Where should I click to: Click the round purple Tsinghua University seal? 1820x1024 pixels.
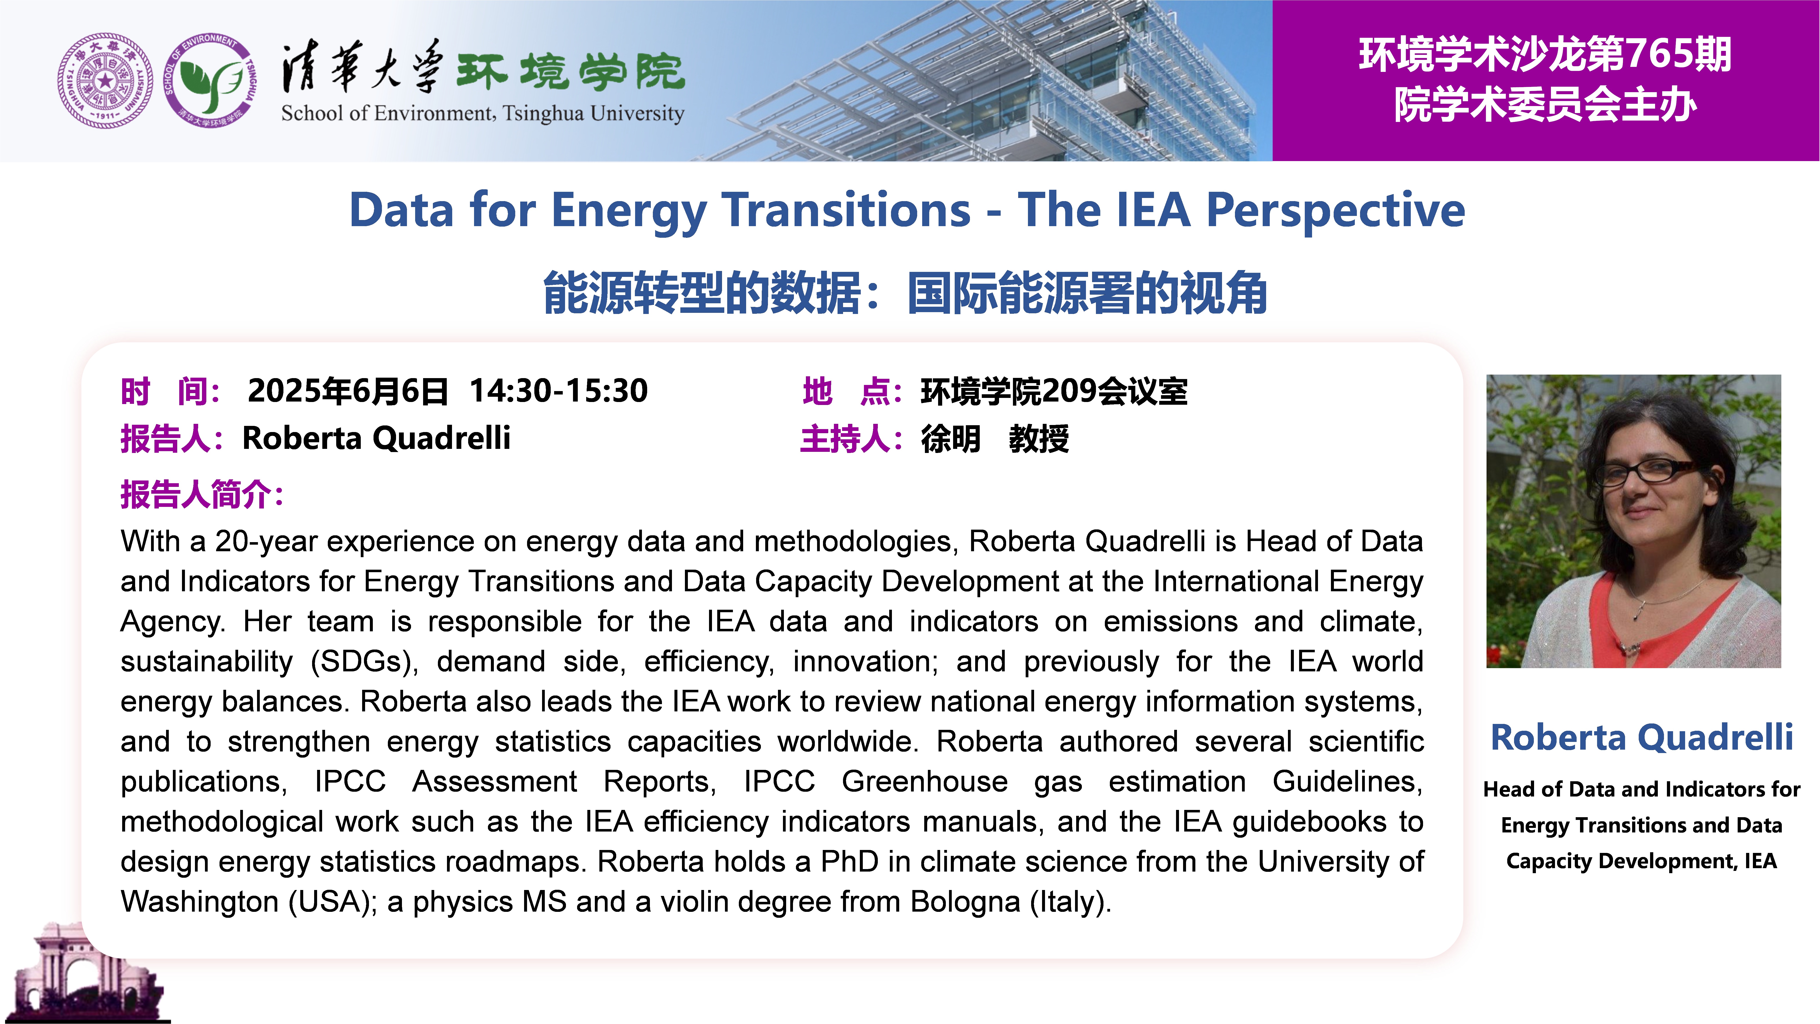[105, 81]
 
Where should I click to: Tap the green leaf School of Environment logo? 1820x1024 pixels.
[210, 81]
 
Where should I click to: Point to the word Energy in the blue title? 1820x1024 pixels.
[629, 211]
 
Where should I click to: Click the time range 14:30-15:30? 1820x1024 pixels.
[558, 391]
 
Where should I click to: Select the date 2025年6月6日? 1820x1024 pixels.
[348, 391]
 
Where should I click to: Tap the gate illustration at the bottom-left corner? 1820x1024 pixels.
[88, 972]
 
